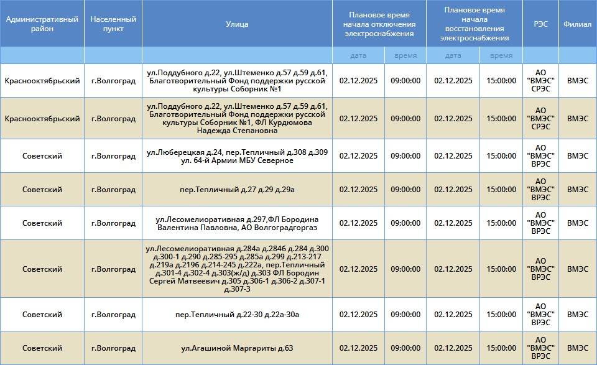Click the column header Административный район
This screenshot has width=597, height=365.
(x=42, y=24)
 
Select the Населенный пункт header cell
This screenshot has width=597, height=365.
(x=113, y=24)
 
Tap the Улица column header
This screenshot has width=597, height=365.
(x=237, y=24)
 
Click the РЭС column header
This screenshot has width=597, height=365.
(x=540, y=24)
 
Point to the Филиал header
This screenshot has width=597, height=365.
(x=577, y=24)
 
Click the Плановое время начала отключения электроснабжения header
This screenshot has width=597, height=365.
(x=379, y=24)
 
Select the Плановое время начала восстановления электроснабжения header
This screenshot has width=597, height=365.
(x=474, y=24)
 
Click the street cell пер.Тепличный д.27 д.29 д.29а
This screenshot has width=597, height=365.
(x=237, y=190)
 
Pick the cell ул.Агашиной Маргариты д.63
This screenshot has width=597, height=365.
(x=237, y=348)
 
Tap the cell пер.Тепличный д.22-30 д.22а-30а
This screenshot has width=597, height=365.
(x=237, y=315)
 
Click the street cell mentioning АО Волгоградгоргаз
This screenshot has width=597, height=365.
(x=237, y=223)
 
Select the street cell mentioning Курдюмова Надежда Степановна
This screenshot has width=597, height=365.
(x=237, y=118)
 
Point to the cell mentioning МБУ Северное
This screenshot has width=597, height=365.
(x=237, y=156)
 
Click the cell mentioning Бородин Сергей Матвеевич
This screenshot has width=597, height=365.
(x=237, y=269)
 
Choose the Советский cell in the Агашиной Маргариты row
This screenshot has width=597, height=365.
(x=42, y=348)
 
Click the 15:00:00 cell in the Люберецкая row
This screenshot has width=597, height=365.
(x=501, y=156)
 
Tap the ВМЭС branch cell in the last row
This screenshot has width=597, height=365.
(x=577, y=348)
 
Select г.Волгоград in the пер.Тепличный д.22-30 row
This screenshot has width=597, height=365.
(x=113, y=315)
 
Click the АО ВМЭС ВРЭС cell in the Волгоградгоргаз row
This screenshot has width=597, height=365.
(x=540, y=223)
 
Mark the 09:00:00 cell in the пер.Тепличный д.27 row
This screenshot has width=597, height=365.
(x=405, y=190)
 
